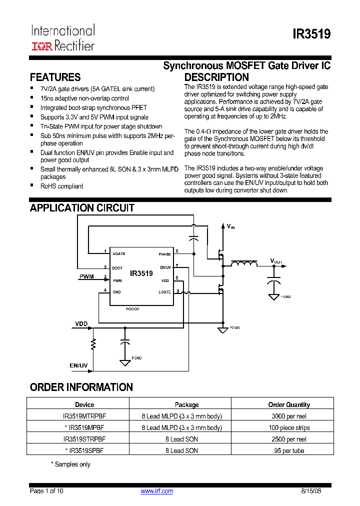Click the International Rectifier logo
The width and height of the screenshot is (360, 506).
click(63, 38)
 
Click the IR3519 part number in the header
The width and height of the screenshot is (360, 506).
click(311, 34)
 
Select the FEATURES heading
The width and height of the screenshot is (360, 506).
click(55, 77)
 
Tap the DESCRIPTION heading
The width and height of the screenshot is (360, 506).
click(216, 77)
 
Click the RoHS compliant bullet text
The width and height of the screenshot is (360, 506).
click(62, 186)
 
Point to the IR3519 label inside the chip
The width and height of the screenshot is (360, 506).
click(141, 273)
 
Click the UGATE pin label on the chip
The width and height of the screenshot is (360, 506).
click(119, 254)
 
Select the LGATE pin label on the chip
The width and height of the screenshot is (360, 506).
click(164, 292)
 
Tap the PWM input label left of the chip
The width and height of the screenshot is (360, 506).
click(86, 276)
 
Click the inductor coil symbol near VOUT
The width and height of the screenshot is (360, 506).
click(243, 264)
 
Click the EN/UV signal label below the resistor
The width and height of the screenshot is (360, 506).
click(78, 365)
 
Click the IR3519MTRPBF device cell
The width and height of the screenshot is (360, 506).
click(84, 416)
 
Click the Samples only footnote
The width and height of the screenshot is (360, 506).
click(70, 464)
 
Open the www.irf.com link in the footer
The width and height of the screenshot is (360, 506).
click(157, 491)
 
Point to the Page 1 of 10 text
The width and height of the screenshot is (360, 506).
click(47, 491)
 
